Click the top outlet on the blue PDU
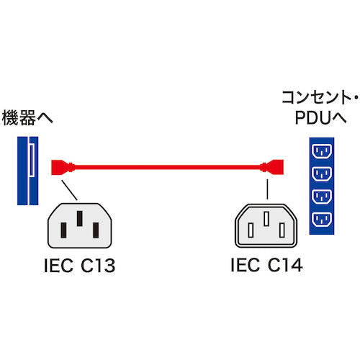(320, 152)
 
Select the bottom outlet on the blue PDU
(320, 218)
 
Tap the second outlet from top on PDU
(320, 174)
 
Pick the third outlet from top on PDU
(320, 196)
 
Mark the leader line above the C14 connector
(267, 189)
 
